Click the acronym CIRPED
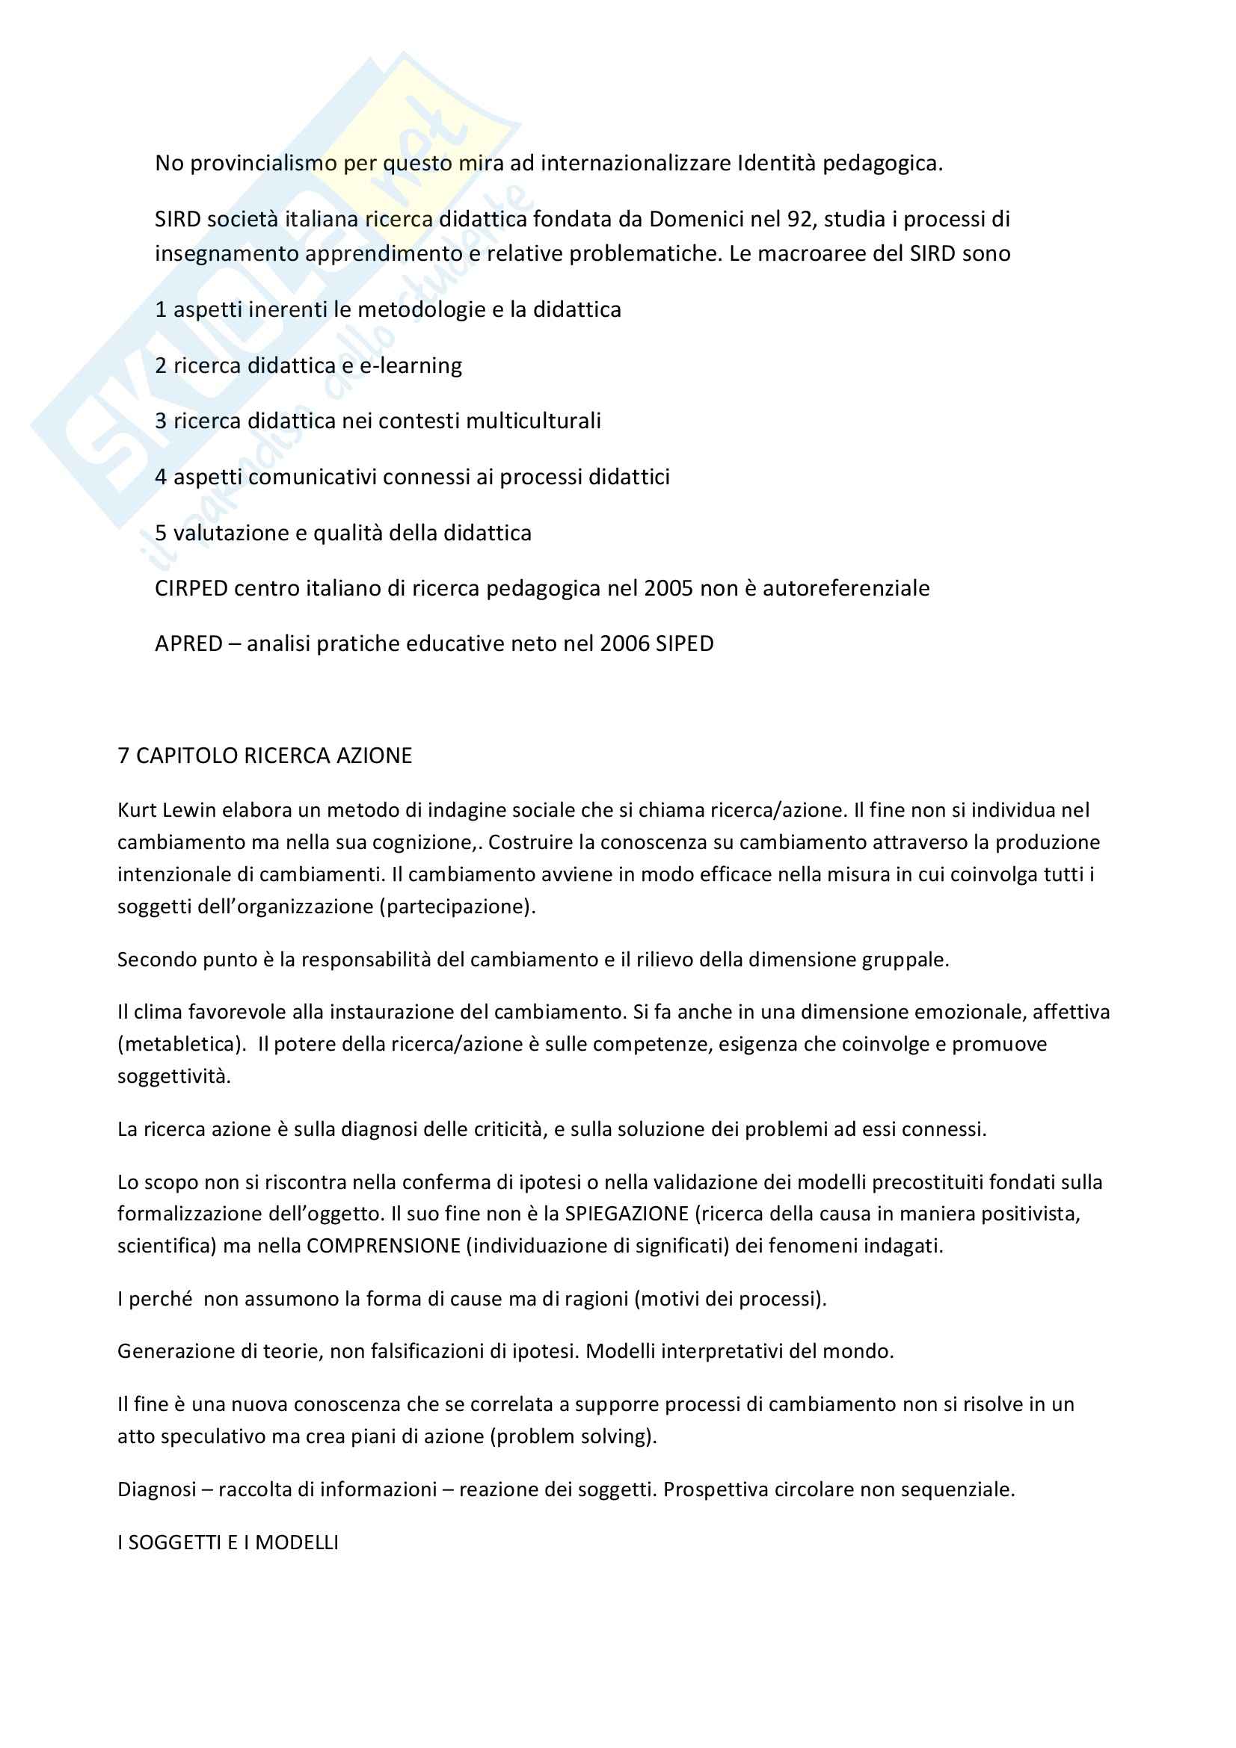click(191, 587)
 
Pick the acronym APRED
click(188, 643)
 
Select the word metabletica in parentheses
click(179, 1044)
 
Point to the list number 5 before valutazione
click(161, 532)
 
